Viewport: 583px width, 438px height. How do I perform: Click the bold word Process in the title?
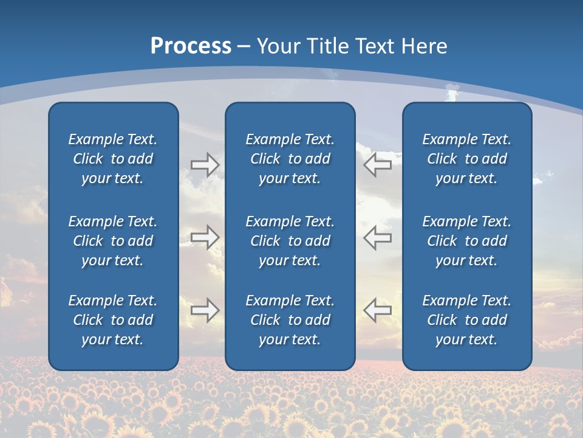(191, 46)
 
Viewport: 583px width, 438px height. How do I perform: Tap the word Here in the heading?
(423, 46)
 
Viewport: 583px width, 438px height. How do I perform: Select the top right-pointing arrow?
(205, 165)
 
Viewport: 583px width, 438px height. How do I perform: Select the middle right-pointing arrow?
(205, 237)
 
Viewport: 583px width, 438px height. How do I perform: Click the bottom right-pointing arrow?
(205, 310)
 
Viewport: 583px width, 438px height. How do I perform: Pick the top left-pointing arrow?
(378, 165)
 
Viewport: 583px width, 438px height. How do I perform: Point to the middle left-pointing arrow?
(378, 237)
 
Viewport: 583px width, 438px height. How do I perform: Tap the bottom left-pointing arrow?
(378, 310)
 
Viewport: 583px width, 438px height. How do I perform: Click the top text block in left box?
(113, 159)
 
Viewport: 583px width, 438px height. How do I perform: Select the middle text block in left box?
(113, 241)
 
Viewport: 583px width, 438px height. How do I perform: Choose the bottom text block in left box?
(113, 320)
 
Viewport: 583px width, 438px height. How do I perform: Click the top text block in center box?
(290, 159)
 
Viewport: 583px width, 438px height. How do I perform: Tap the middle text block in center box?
(290, 241)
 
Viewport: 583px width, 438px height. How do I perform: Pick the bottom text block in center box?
(290, 320)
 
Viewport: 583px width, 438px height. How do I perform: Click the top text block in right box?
(466, 159)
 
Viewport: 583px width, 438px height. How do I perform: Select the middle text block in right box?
(466, 241)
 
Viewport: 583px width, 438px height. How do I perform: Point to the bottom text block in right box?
(466, 320)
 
